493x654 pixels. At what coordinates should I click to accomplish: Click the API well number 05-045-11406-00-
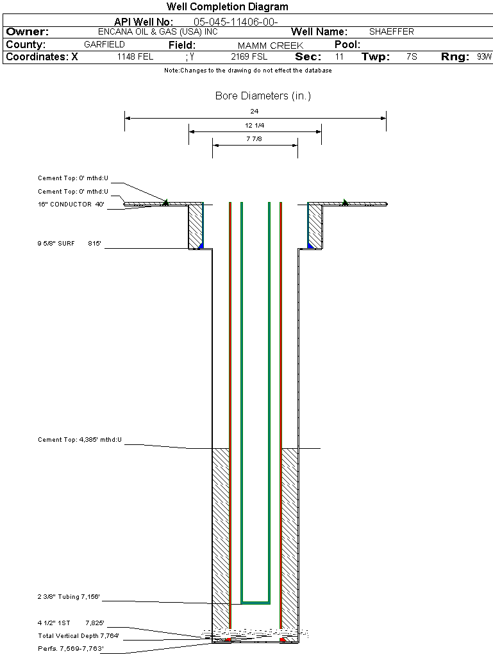point(235,22)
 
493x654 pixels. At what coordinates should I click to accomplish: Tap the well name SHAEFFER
point(391,31)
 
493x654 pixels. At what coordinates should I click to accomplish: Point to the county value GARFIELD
point(104,45)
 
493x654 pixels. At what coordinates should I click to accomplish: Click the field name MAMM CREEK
point(271,46)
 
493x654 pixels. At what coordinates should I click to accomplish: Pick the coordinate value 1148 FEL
point(135,57)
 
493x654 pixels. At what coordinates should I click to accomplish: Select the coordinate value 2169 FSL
point(249,57)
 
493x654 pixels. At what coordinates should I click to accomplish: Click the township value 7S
point(412,57)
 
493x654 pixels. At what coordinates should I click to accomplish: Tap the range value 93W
point(484,57)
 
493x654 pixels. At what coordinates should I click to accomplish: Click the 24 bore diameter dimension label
point(255,111)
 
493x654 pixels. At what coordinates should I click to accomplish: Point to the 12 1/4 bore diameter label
point(255,125)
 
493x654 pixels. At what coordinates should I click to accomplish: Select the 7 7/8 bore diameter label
point(255,138)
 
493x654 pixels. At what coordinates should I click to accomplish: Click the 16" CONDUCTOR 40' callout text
point(71,205)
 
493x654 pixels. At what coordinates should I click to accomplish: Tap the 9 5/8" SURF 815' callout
point(71,244)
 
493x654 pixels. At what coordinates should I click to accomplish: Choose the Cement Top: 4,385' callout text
point(79,440)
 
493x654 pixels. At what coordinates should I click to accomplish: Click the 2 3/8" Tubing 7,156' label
point(69,598)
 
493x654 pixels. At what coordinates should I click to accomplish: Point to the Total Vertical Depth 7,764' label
point(78,636)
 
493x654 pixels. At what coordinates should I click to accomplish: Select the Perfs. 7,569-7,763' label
point(71,649)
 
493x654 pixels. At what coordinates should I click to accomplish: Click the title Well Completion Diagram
point(228,7)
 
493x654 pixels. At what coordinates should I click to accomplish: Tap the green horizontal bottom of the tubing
point(255,603)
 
